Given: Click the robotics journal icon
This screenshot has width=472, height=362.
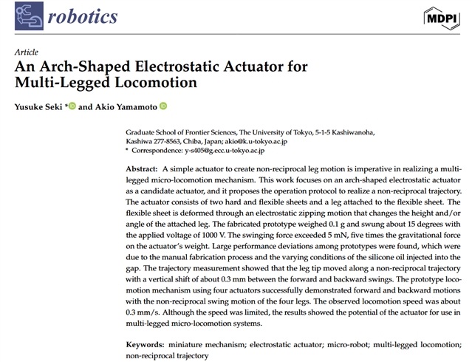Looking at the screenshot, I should pos(29,16).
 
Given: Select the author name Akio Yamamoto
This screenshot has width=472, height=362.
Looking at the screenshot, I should pos(125,107).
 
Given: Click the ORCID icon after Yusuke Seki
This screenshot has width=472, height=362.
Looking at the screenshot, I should pos(72,106).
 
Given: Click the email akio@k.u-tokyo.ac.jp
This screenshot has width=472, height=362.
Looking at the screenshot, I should pos(247,141).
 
